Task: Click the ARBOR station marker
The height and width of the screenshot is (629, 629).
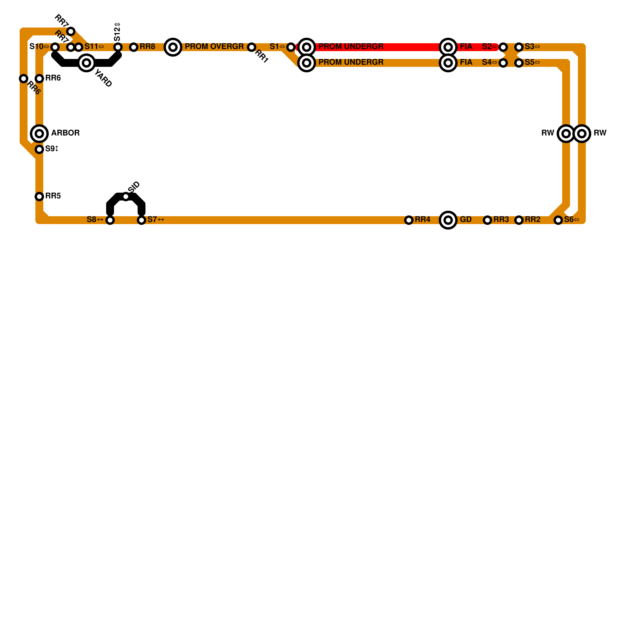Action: point(39,134)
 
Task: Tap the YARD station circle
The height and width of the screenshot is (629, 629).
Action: point(86,63)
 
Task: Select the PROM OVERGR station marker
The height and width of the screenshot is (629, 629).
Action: point(173,47)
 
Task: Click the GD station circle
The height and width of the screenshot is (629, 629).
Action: point(448,220)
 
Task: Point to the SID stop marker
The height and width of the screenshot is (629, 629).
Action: point(126,197)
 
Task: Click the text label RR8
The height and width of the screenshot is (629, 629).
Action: point(147,47)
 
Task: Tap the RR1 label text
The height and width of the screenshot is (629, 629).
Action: point(261,57)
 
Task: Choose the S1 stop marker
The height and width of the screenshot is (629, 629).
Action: point(291,47)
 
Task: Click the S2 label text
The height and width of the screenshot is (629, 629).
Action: point(489,47)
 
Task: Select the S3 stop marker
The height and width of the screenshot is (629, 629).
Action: point(519,47)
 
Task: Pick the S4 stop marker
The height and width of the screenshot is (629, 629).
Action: point(503,63)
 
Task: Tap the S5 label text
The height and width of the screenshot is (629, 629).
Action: point(532,63)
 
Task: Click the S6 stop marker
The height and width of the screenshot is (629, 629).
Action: point(558,220)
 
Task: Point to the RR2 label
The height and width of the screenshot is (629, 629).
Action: point(533,220)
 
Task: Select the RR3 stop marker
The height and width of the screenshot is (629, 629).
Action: point(487,220)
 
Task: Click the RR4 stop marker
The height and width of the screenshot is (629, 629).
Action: point(409,220)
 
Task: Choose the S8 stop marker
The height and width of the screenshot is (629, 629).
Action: point(110,220)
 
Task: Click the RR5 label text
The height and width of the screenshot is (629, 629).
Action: point(53,196)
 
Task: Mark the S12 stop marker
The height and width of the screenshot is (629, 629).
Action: point(118,47)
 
